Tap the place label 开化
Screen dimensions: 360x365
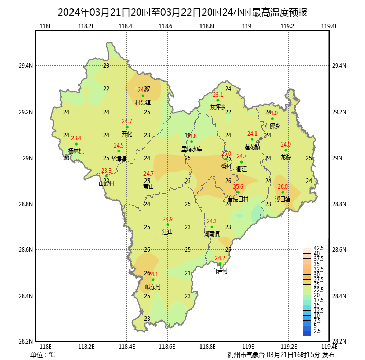pos(127,134)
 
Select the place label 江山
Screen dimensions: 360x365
pos(168,232)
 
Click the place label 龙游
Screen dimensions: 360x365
pos(286,157)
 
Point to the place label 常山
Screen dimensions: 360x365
pos(149,187)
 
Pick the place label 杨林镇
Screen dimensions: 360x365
pos(76,151)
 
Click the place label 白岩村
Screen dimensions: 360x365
pos(220,271)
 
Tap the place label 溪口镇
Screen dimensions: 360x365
pos(283,199)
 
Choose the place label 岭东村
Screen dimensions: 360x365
pos(153,287)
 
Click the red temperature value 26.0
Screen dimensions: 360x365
pos(283,187)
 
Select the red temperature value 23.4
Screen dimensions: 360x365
pos(76,138)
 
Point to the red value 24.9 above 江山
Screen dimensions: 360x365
pos(168,219)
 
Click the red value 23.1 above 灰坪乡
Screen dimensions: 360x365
pos(218,95)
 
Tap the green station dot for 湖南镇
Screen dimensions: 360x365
pos(212,227)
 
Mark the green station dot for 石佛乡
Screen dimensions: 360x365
pos(272,119)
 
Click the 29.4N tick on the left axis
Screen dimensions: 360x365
pos(26,66)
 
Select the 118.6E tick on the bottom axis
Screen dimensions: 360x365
pos(168,346)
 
